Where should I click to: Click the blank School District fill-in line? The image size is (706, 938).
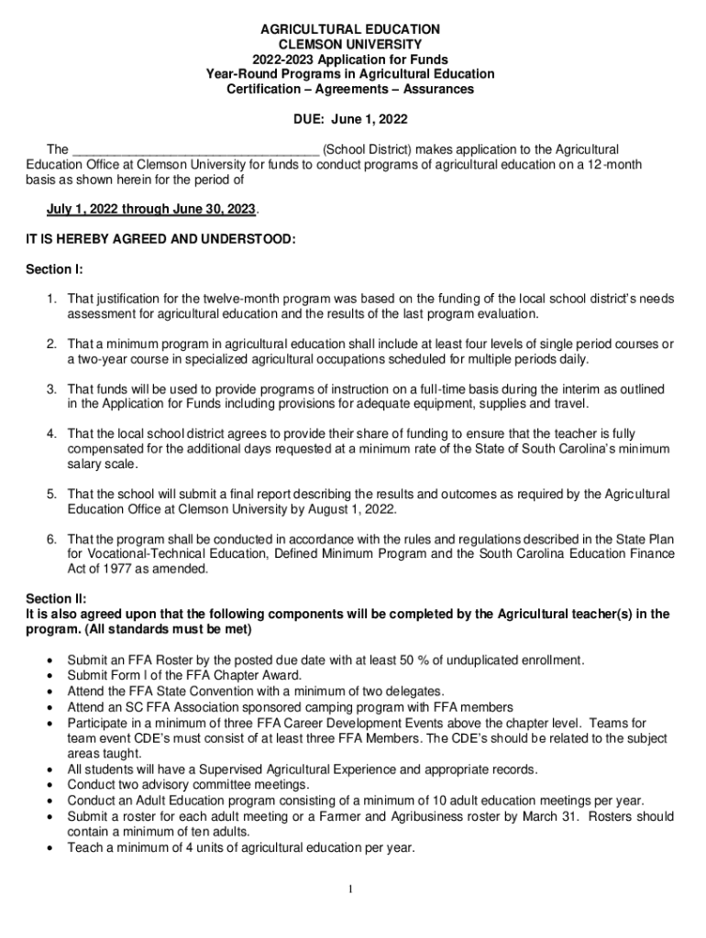point(195,150)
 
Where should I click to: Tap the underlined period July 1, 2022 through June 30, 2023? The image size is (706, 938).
point(152,209)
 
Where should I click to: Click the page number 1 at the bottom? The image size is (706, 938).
point(352,889)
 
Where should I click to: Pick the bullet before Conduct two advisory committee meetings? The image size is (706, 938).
point(48,785)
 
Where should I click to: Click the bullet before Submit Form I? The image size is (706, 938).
point(48,675)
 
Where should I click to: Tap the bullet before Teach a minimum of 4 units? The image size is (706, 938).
point(48,847)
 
